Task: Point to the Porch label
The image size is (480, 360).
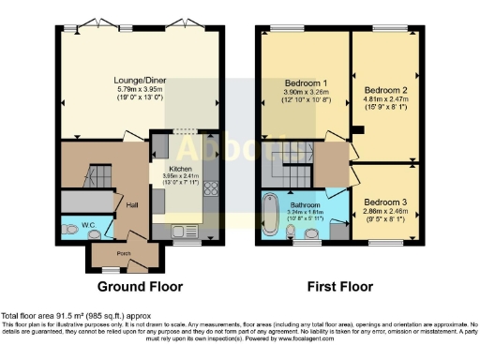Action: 123,254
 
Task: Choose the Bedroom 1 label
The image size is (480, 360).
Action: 306,82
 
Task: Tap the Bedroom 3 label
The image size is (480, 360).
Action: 386,202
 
